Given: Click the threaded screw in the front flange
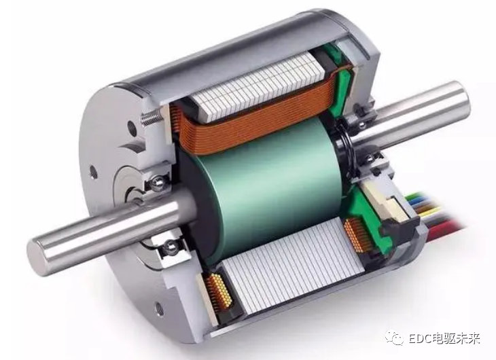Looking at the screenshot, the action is [151, 116].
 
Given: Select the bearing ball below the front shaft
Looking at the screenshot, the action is [171, 246].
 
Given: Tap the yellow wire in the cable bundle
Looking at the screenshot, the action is [430, 211].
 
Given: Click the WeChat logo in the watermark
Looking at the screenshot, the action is [395, 338].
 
